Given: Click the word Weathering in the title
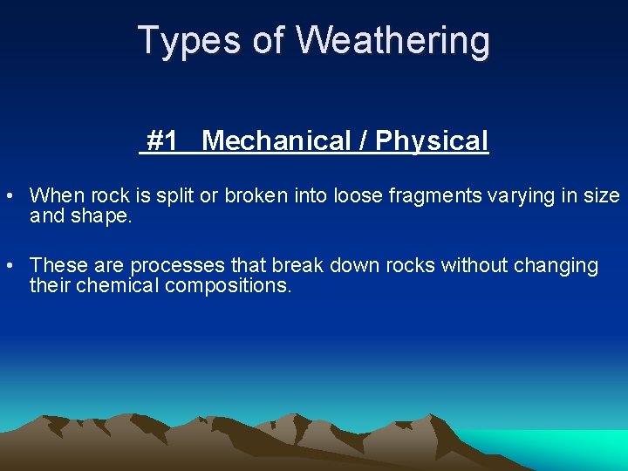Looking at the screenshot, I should [x=393, y=40].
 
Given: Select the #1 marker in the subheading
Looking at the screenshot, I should [x=163, y=140].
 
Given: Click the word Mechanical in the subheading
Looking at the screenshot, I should [x=276, y=140].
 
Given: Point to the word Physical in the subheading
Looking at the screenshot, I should [x=432, y=140].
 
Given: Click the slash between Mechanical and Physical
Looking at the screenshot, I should [x=363, y=140].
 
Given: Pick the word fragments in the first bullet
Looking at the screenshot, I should [x=430, y=195].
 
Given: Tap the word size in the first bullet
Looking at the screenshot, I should [x=602, y=195].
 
